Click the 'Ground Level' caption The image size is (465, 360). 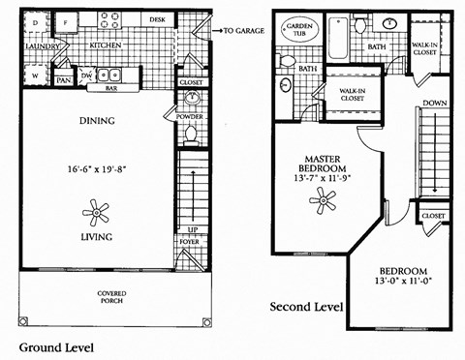(55, 345)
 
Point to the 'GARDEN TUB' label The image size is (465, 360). (297, 30)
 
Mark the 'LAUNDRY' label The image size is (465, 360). (44, 45)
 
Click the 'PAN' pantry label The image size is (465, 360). (63, 81)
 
